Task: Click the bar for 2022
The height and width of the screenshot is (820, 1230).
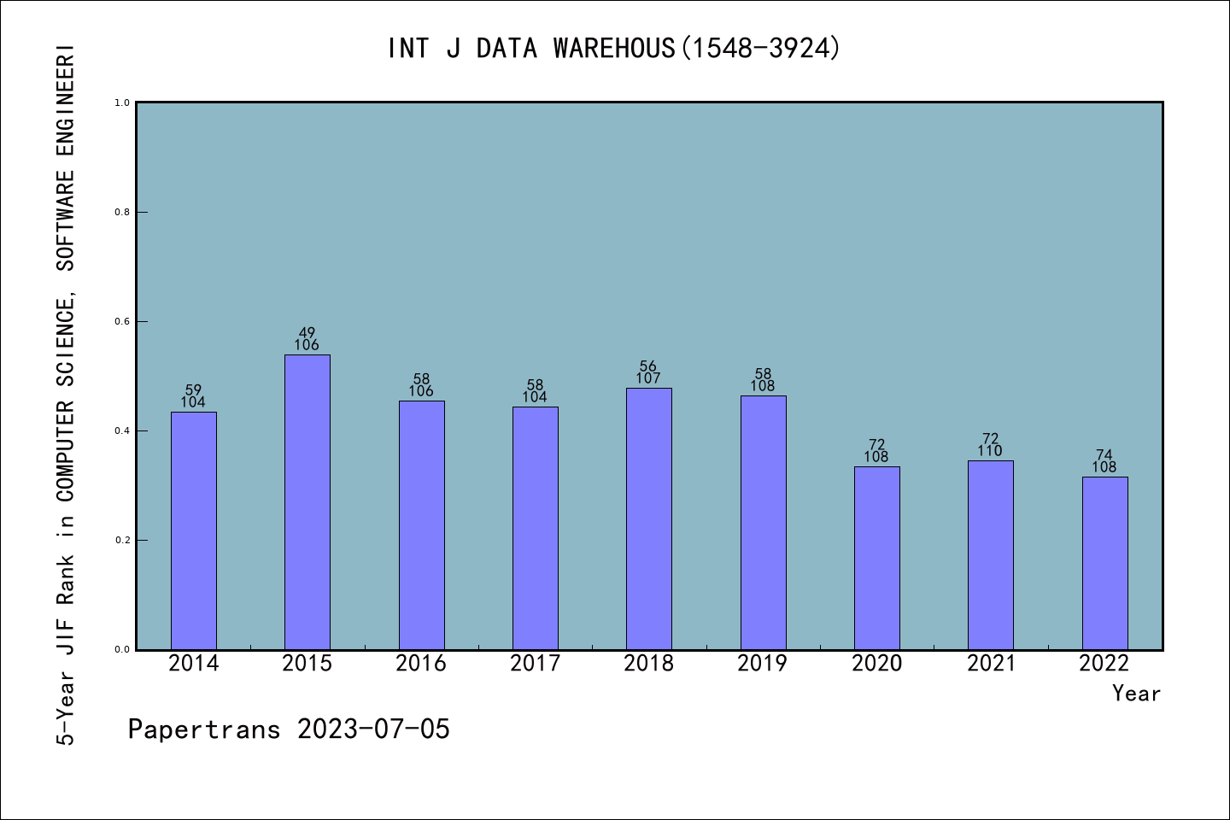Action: coord(1104,563)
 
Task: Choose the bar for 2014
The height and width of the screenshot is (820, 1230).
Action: coord(194,530)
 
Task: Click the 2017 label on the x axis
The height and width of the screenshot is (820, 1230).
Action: coord(536,664)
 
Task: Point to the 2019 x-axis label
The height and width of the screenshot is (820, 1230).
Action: coord(763,664)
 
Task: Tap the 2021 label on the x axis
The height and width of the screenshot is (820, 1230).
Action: coord(991,664)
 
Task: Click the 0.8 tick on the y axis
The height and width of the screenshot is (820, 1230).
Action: coord(122,212)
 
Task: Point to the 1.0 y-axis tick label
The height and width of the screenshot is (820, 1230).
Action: coord(122,102)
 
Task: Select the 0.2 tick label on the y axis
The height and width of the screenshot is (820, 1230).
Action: coord(122,540)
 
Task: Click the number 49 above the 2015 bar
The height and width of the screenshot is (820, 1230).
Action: coord(307,333)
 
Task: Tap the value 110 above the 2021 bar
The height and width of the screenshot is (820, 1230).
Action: coord(990,451)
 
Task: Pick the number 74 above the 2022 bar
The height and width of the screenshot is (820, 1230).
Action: coord(1104,455)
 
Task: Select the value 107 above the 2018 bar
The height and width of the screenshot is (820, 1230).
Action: coord(648,378)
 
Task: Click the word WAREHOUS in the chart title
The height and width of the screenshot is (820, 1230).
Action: coord(614,49)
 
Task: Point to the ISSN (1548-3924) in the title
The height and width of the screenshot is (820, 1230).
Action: coord(760,49)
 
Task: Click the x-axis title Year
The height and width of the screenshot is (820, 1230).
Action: coord(1136,694)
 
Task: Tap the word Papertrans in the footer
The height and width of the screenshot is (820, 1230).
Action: coord(204,729)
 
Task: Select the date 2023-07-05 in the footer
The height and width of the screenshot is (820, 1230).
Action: coord(373,729)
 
